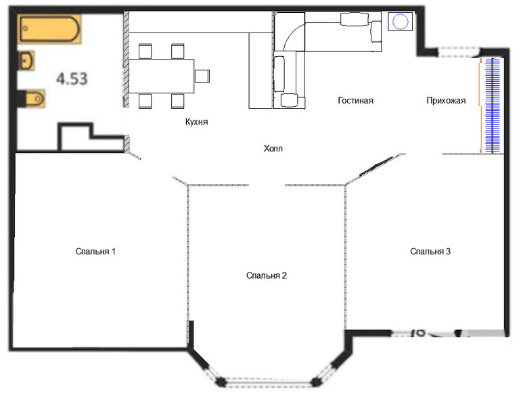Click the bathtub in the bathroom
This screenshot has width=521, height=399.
pyautogui.click(x=49, y=29)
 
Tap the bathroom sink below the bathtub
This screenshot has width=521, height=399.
pyautogui.click(x=26, y=61)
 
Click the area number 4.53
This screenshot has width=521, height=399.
pyautogui.click(x=72, y=79)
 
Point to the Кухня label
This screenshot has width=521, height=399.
pyautogui.click(x=197, y=122)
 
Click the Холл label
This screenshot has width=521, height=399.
pyautogui.click(x=273, y=149)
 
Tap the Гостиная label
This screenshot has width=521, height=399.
pyautogui.click(x=355, y=100)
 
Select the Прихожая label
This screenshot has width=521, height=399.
pyautogui.click(x=446, y=100)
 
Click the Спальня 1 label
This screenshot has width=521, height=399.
pyautogui.click(x=95, y=252)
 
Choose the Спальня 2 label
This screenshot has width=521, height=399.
pyautogui.click(x=267, y=275)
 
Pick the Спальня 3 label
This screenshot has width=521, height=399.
pyautogui.click(x=430, y=252)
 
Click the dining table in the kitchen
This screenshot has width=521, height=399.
pyautogui.click(x=162, y=76)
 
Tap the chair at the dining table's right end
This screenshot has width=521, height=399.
pyautogui.click(x=202, y=76)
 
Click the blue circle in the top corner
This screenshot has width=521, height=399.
pyautogui.click(x=400, y=22)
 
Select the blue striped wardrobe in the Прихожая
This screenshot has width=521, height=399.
pyautogui.click(x=493, y=105)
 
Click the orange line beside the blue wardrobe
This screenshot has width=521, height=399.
pyautogui.click(x=480, y=105)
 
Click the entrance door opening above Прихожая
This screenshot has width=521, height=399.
pyautogui.click(x=459, y=52)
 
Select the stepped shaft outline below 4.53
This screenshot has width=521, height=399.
pyautogui.click(x=91, y=137)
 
